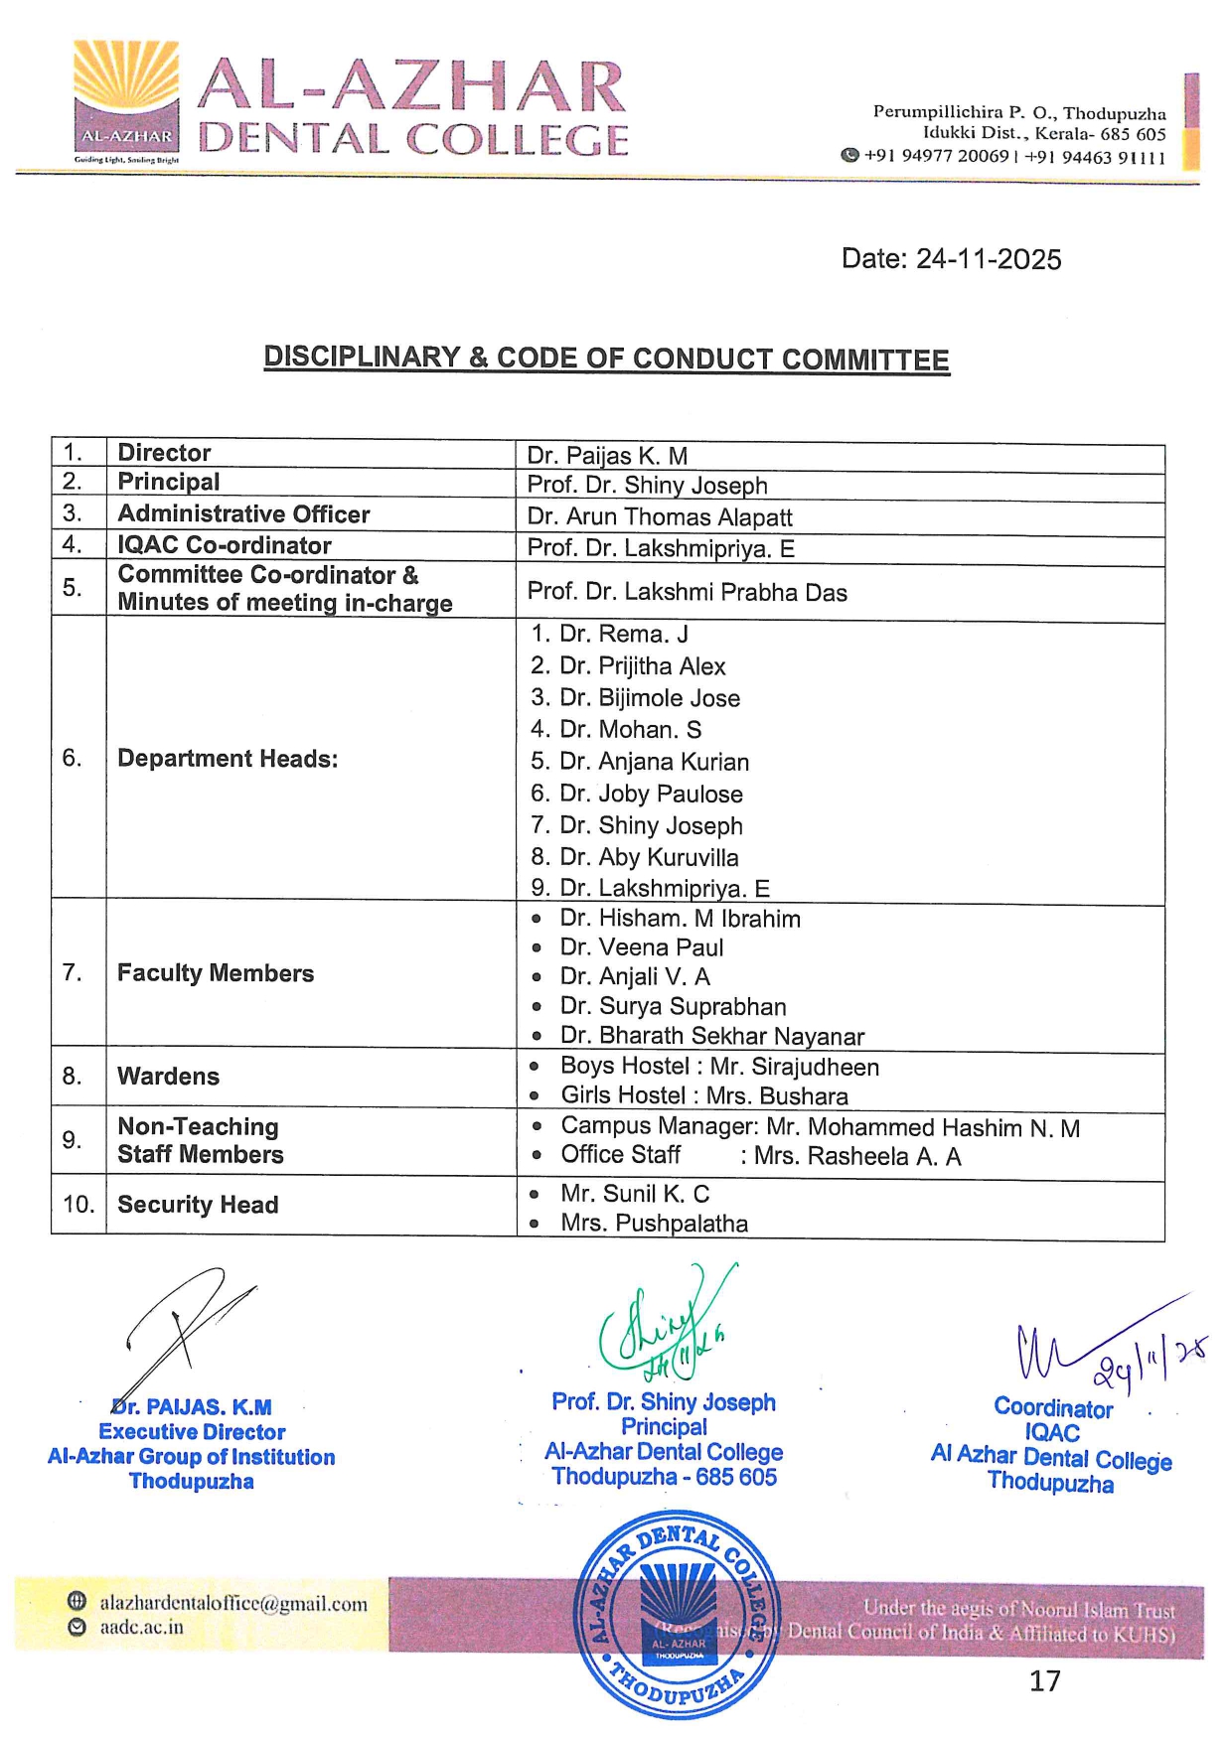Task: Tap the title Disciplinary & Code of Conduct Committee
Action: [x=606, y=359]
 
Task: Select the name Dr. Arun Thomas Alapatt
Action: [x=660, y=517]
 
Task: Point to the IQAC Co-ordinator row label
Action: [x=225, y=545]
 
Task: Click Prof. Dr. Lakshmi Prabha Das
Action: [x=687, y=593]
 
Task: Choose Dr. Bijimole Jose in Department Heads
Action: [x=650, y=698]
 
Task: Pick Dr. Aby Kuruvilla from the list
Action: [x=649, y=857]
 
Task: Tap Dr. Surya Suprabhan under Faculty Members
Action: [x=673, y=1006]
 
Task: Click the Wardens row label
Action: [x=169, y=1077]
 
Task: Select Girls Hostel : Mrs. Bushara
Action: [x=703, y=1095]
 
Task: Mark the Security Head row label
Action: [x=198, y=1205]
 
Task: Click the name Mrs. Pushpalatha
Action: [x=654, y=1224]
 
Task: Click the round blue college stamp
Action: [x=678, y=1613]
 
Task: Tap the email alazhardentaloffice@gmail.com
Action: [x=233, y=1603]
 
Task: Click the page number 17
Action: [x=1044, y=1680]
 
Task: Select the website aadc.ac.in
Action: [x=141, y=1628]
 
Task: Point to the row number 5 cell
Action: [x=73, y=588]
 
